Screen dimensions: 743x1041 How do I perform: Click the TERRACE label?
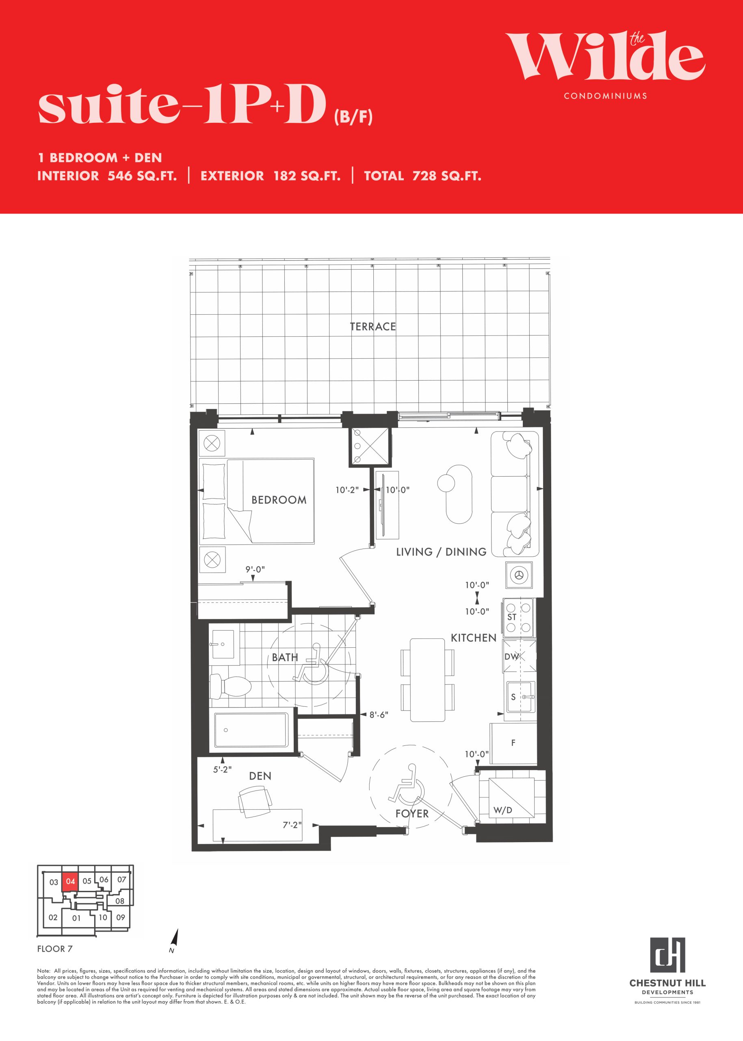pyautogui.click(x=373, y=327)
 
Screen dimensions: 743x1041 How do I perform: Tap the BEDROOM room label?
pyautogui.click(x=279, y=500)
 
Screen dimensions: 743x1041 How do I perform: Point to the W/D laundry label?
pyautogui.click(x=503, y=810)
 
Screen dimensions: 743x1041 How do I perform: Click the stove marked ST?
pyautogui.click(x=518, y=617)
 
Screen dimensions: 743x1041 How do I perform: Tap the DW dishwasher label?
pyautogui.click(x=511, y=657)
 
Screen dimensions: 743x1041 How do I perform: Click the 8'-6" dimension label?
pyautogui.click(x=379, y=714)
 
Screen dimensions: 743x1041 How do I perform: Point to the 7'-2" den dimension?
pyautogui.click(x=292, y=825)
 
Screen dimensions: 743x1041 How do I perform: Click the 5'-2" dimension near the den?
pyautogui.click(x=222, y=770)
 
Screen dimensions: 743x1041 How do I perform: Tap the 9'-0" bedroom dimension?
pyautogui.click(x=255, y=569)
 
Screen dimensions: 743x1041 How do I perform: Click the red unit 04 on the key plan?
pyautogui.click(x=69, y=882)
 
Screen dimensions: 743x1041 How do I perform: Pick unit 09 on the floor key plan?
pyautogui.click(x=120, y=917)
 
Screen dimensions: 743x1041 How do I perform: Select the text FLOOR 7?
pyautogui.click(x=55, y=948)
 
